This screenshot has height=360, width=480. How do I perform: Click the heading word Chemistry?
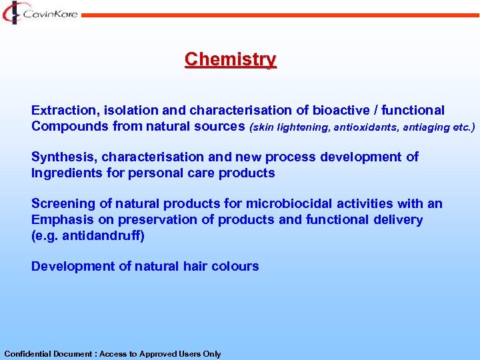click(230, 59)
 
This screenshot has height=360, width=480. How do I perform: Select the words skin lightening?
click(285, 127)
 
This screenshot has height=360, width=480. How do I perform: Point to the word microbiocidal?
click(289, 203)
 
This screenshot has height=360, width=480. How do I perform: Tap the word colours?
click(235, 266)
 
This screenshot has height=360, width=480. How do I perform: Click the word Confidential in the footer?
click(26, 354)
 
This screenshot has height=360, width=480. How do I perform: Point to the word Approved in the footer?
click(155, 354)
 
